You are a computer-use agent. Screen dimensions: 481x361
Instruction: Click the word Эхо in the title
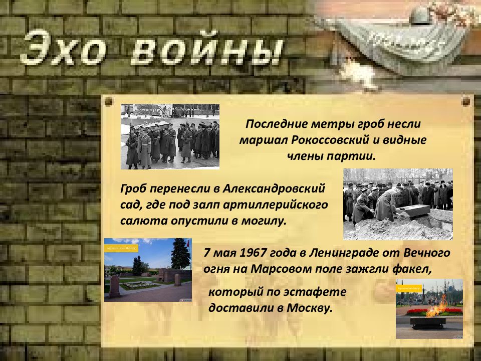point(63,48)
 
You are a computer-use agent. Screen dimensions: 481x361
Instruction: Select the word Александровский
point(274,188)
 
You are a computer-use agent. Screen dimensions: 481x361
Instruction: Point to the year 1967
point(252,253)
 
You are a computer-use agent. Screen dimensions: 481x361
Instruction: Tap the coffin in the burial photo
point(412,210)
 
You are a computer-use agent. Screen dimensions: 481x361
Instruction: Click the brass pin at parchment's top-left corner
point(109,101)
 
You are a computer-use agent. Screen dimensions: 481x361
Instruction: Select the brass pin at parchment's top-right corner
point(466,101)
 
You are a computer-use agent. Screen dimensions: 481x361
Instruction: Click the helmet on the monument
point(420,16)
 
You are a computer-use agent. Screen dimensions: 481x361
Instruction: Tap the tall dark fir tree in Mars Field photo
point(180,254)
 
